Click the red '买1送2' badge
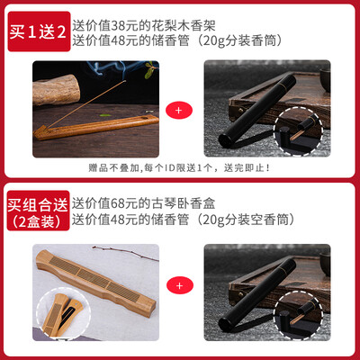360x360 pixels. coord(39,31)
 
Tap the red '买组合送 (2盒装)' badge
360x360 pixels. coord(39,211)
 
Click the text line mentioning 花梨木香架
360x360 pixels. coord(144,26)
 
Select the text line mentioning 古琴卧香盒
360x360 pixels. coord(143,203)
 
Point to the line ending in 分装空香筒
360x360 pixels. coord(183,220)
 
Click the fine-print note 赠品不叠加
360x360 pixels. coord(179,167)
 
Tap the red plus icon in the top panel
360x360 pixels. coord(179,110)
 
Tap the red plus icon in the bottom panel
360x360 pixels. coord(179,285)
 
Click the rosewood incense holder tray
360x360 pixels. coord(96,127)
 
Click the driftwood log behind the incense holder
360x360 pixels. coord(56,90)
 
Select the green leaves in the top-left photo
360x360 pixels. coord(151,69)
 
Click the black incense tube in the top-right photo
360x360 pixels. coord(257,111)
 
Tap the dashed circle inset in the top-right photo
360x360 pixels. coord(298,131)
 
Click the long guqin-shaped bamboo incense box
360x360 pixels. coord(95,282)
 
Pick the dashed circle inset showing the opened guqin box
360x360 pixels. coord(63,314)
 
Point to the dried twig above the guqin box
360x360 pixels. coord(125,253)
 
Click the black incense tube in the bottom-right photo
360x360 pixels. coord(257,295)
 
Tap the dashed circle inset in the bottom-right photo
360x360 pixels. coord(298,315)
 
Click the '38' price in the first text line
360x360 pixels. coord(118,26)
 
